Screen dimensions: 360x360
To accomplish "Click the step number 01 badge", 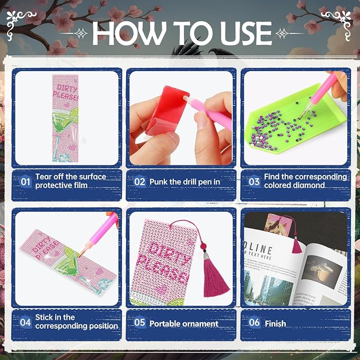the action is tap(25, 182).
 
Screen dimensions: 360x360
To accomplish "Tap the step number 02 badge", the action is tap(139, 182).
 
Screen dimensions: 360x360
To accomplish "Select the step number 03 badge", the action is tap(254, 182).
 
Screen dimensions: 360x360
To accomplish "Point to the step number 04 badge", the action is tap(25, 322).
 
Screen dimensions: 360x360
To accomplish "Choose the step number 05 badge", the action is tap(139, 322).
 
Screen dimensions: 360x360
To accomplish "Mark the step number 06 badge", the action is tap(254, 322).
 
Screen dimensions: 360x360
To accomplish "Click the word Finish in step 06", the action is tap(275, 324).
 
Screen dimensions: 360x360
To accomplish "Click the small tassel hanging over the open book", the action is tap(296, 245).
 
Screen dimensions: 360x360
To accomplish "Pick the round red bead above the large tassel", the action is tap(204, 247).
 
